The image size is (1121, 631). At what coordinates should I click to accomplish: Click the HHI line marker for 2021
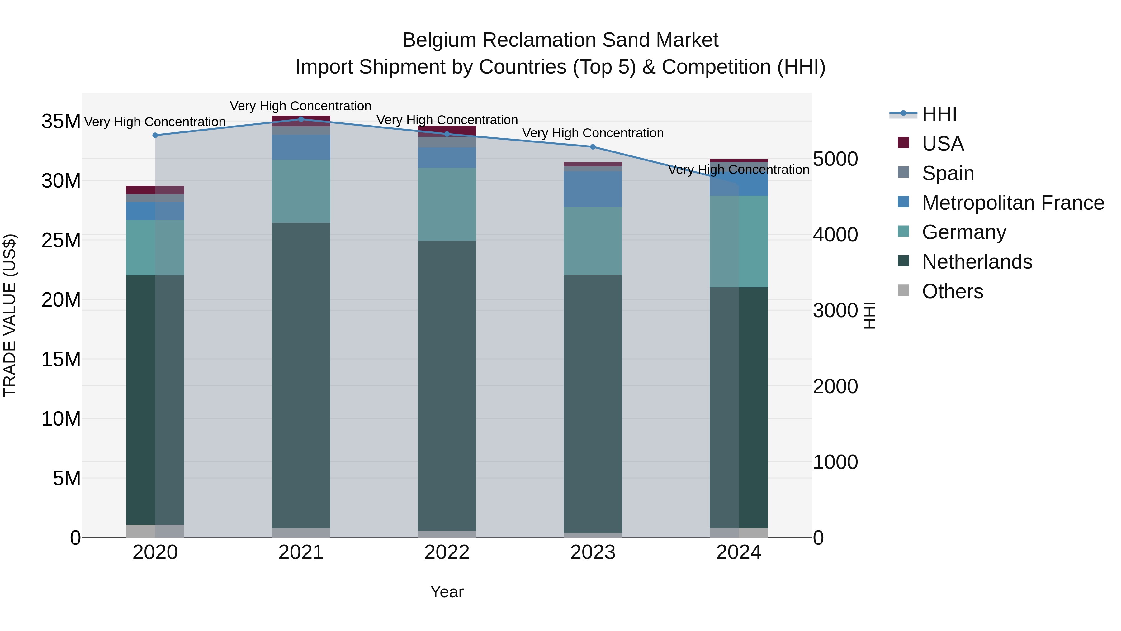[x=301, y=119]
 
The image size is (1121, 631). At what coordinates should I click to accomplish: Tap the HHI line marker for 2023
[x=593, y=147]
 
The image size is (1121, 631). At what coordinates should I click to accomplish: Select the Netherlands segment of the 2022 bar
[x=447, y=385]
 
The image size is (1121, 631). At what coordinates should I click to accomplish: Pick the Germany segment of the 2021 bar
[x=301, y=191]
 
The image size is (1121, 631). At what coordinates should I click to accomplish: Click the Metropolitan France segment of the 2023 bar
[x=593, y=189]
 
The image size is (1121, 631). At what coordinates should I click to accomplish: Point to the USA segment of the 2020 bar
[x=155, y=190]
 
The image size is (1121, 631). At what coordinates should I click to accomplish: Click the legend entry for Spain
[x=948, y=173]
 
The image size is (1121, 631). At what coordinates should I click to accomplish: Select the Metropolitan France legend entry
[x=1013, y=203]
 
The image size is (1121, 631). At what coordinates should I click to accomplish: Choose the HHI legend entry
[x=939, y=114]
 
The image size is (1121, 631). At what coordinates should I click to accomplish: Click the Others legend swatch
[x=903, y=290]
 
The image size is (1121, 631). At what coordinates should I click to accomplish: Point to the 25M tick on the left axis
[x=61, y=240]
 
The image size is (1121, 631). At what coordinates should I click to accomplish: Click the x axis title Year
[x=447, y=592]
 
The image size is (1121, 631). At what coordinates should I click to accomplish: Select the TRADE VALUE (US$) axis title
[x=10, y=315]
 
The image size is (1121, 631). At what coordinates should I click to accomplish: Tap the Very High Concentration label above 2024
[x=739, y=170]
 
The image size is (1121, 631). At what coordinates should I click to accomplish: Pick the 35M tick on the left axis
[x=61, y=122]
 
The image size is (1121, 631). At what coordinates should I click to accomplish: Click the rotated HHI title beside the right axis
[x=869, y=315]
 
